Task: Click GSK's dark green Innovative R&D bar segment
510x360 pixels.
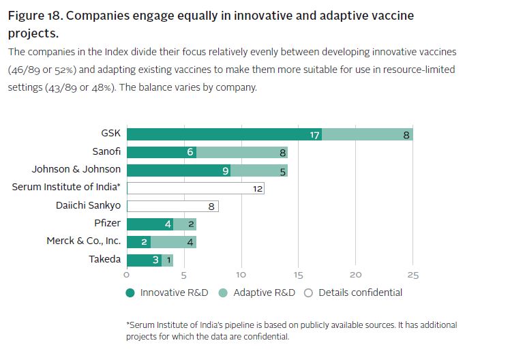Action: [x=224, y=134]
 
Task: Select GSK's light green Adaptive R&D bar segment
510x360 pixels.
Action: [x=367, y=134]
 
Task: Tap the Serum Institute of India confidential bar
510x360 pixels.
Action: [x=195, y=187]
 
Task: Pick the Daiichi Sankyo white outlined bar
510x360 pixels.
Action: [x=172, y=205]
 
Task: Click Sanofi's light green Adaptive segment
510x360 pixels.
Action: [x=241, y=152]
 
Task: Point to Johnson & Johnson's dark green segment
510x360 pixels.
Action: [x=178, y=170]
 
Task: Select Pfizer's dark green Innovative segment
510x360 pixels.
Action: [x=149, y=223]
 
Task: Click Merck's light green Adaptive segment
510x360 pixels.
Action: [x=173, y=241]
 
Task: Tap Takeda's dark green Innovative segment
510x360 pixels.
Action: [x=144, y=259]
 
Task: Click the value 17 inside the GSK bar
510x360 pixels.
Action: [x=314, y=135]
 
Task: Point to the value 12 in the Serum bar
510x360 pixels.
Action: [x=258, y=188]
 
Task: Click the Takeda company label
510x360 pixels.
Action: [x=104, y=259]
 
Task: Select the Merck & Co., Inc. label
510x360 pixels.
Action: [x=83, y=241]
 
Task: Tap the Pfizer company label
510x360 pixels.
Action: [x=107, y=223]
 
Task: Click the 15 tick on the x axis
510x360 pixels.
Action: [x=298, y=275]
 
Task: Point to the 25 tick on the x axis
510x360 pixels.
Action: [x=412, y=275]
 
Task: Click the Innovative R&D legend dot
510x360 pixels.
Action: [x=130, y=292]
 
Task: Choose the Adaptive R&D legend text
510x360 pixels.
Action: [x=264, y=292]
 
